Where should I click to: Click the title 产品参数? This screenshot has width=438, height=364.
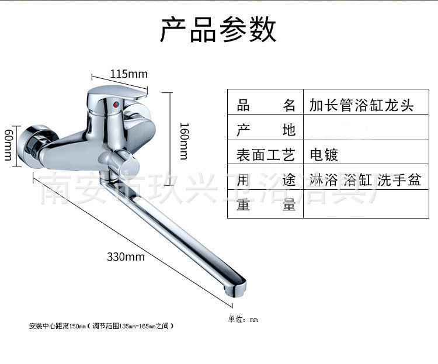coord(218,29)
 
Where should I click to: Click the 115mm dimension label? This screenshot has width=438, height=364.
coord(129,74)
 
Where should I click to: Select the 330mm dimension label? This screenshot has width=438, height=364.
coord(126,256)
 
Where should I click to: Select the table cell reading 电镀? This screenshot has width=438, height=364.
coord(324,155)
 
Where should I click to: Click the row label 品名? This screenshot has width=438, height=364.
coord(266,105)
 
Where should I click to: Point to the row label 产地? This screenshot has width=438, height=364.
coord(266,130)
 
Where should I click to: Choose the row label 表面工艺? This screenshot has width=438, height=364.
coord(266,155)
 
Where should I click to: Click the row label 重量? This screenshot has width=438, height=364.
coord(266,205)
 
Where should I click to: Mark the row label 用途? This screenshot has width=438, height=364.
coord(266,180)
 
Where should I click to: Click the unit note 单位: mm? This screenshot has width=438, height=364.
coord(242,319)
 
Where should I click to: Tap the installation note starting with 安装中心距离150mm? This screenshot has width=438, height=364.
coord(101,326)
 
